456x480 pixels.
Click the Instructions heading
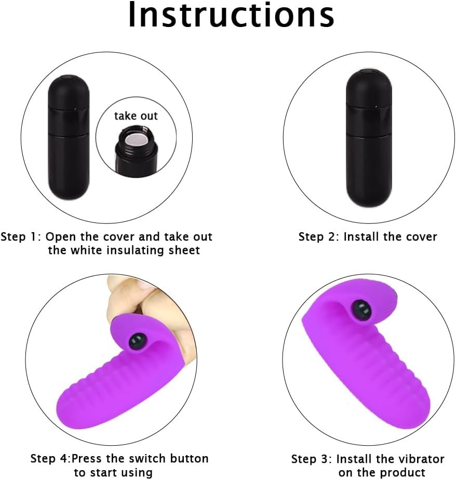tap(231, 15)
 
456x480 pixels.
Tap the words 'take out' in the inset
tap(136, 116)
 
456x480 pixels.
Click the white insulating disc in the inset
tap(136, 140)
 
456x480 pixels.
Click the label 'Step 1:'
tap(21, 237)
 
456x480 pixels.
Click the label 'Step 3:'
tap(311, 459)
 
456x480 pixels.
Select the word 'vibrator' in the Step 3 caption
tap(421, 459)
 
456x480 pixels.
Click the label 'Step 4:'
tap(50, 459)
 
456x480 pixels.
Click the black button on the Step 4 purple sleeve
tap(136, 341)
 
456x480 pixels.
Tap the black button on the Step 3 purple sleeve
tap(361, 311)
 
